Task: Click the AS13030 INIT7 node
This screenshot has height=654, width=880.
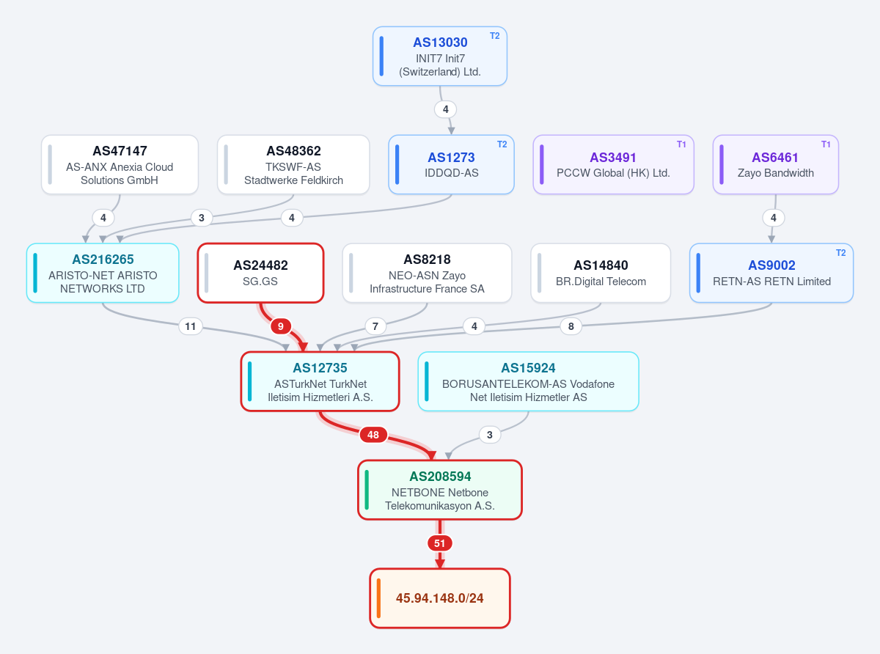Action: click(439, 56)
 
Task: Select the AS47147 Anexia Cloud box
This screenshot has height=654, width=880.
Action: click(120, 165)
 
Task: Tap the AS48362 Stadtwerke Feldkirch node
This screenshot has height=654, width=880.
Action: click(293, 165)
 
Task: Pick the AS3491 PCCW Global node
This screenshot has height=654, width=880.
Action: click(613, 165)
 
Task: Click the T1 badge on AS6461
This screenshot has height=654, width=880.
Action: click(826, 144)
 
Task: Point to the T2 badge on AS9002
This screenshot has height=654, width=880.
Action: click(840, 253)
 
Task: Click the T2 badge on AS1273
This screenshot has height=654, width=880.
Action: click(502, 144)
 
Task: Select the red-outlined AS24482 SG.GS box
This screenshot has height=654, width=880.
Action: click(260, 273)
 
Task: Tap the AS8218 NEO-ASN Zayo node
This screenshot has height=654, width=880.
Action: click(427, 273)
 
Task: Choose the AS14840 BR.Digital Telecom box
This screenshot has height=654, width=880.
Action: click(601, 273)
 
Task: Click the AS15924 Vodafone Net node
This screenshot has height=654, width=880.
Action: click(528, 381)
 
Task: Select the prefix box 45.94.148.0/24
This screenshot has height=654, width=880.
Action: click(439, 598)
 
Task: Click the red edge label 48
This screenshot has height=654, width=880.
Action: click(373, 435)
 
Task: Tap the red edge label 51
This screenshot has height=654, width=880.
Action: click(439, 543)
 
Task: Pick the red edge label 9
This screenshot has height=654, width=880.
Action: click(281, 326)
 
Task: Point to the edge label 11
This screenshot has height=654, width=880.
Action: click(191, 326)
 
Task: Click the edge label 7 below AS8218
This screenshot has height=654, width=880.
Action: click(375, 326)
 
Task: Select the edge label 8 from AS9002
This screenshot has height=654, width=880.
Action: click(571, 326)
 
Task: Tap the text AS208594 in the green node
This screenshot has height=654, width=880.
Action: click(440, 477)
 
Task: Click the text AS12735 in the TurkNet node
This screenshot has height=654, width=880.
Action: click(320, 368)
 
